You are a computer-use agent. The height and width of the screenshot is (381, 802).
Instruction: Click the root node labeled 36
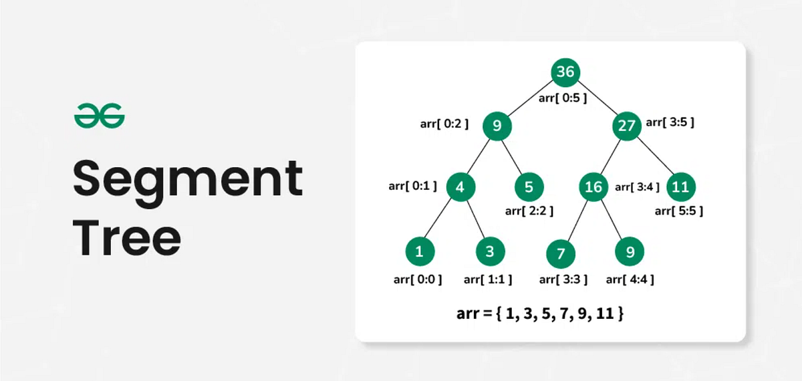tap(565, 72)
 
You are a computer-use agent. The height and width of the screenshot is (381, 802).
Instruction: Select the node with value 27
tap(626, 127)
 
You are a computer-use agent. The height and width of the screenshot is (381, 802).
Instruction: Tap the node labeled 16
tap(593, 187)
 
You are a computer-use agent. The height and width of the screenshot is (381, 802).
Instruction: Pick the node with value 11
tap(680, 187)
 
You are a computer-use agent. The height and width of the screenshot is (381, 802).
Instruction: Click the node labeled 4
tap(460, 187)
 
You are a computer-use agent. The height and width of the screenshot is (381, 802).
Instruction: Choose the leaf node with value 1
tap(419, 252)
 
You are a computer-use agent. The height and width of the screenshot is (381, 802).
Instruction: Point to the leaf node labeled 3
tap(490, 252)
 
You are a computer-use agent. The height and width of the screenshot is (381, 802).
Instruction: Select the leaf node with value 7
tap(561, 254)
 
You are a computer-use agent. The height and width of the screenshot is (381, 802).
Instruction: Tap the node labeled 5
tap(529, 187)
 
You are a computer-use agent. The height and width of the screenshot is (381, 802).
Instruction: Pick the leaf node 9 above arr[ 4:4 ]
tap(630, 252)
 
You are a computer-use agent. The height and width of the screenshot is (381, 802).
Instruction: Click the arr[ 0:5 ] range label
tap(563, 99)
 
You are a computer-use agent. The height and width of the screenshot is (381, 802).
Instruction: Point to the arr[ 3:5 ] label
tap(670, 122)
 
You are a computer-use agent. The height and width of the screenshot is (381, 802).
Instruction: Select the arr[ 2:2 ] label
tap(529, 211)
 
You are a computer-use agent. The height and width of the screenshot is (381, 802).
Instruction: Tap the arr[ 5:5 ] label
tap(678, 211)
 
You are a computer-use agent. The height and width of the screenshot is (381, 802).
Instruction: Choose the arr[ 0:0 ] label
tap(418, 279)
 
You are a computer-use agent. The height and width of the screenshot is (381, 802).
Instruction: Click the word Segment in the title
tap(187, 178)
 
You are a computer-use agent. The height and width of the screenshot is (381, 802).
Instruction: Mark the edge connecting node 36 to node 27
tap(596, 100)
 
